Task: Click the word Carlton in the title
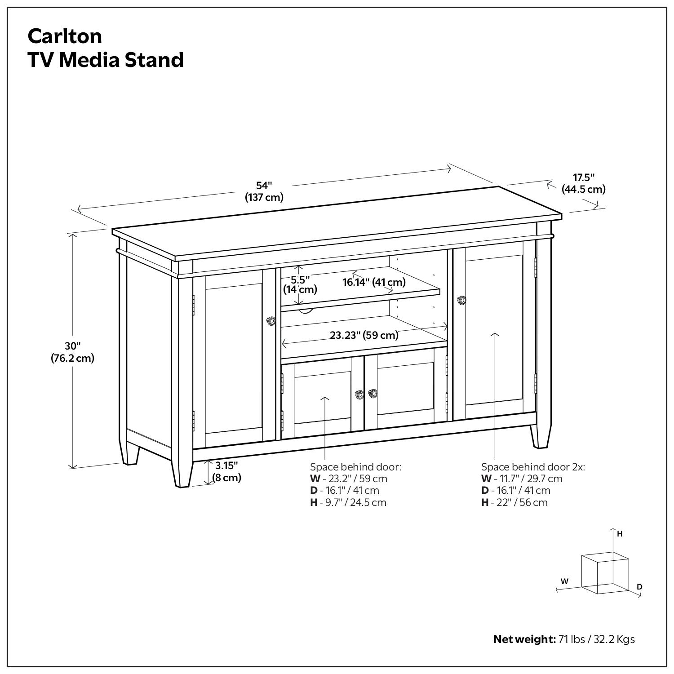coord(65,36)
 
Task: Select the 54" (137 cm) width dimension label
coord(264,191)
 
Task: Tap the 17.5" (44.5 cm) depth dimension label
coord(583,183)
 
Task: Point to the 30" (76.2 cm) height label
coord(72,352)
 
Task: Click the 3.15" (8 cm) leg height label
coord(226,471)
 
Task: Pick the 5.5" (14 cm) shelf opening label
coord(300,284)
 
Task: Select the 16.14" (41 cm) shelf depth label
coord(374,282)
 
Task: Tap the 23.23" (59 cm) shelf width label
coord(364,335)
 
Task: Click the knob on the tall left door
coord(270,320)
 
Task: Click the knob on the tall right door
coord(461,300)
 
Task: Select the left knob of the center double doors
coord(359,394)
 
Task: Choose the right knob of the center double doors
coord(372,394)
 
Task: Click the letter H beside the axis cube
coord(620,534)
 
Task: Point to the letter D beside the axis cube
coord(639,587)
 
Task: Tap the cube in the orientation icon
coord(605,573)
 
